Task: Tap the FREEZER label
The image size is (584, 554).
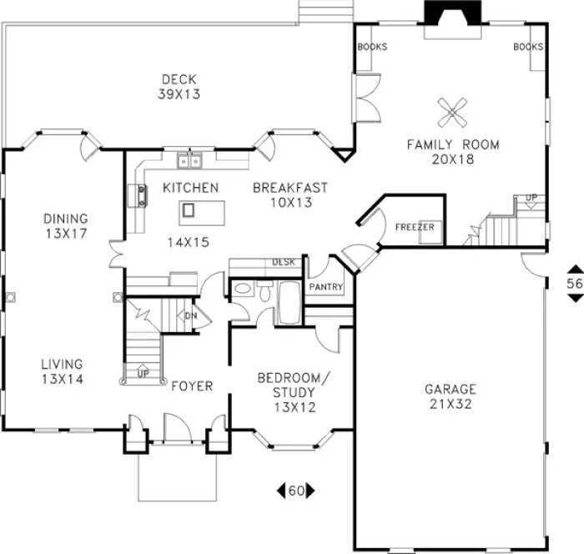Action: (414, 227)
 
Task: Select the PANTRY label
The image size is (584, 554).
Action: (325, 286)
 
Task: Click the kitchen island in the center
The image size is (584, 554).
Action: (189, 210)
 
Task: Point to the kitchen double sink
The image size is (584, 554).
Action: (189, 159)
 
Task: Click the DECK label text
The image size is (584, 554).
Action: (179, 80)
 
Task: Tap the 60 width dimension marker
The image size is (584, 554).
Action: (295, 491)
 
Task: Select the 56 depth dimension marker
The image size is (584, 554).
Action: (573, 284)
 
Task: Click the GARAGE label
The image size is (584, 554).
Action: (450, 389)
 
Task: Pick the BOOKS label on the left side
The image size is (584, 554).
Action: (372, 48)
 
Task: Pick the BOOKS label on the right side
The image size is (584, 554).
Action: (529, 48)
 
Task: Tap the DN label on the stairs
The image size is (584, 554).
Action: (189, 315)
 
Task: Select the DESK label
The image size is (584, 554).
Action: (284, 262)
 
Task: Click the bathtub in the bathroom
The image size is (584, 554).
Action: (289, 305)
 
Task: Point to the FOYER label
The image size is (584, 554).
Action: (192, 386)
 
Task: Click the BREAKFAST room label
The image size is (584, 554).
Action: (290, 188)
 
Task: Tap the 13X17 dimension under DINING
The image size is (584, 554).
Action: (66, 234)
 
